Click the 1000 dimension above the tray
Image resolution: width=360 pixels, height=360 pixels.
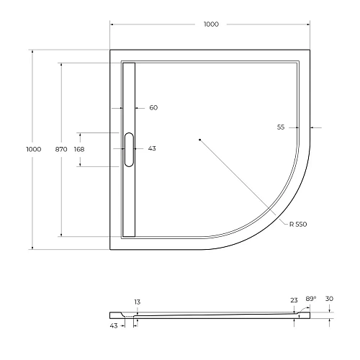(x=210, y=24)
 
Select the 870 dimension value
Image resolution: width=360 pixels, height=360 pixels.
(x=61, y=149)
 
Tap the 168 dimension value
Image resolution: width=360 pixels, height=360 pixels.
(x=79, y=149)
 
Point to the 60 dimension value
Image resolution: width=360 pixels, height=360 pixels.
(x=153, y=108)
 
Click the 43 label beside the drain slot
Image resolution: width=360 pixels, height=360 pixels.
(x=152, y=149)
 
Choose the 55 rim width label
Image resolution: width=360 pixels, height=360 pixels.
(x=281, y=127)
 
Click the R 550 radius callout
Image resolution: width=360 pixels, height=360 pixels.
(x=298, y=225)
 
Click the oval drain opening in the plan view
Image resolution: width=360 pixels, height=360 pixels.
(x=130, y=149)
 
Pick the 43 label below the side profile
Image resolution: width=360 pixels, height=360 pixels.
(x=114, y=326)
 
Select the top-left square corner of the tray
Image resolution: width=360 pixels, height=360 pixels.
(x=111, y=50)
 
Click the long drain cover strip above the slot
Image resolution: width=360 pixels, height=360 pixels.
(x=130, y=94)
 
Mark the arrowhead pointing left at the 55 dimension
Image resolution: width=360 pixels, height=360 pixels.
(x=311, y=127)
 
